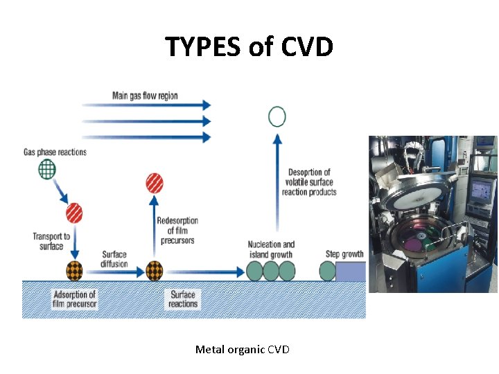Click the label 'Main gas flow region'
point(145,96)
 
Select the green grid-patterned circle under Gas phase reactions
point(48,169)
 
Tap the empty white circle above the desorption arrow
point(277,116)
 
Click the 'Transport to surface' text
point(51,241)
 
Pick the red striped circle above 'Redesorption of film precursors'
point(155,184)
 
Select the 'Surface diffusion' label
point(114,258)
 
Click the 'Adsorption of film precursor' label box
point(74,299)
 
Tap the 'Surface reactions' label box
point(183,299)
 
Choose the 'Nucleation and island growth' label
point(271,249)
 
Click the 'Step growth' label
point(344,254)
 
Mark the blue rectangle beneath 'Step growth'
point(351,271)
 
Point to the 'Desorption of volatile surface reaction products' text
point(309,182)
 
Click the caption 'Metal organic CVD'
point(242,350)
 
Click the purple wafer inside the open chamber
point(414,244)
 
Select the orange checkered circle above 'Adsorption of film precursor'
point(74,270)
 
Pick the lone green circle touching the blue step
point(328,271)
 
